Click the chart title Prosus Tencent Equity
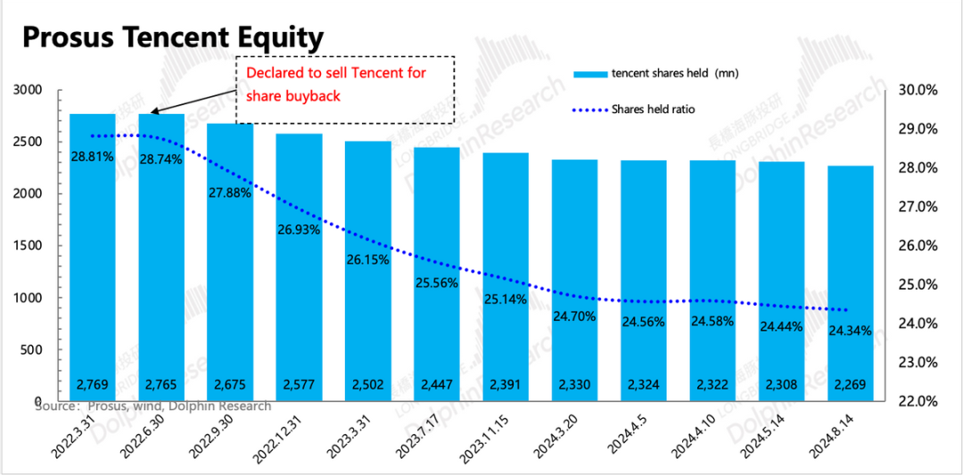pos(172,37)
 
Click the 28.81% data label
pos(92,157)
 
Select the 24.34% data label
pos(850,331)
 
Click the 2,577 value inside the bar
pos(299,386)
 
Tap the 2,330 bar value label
pos(574,386)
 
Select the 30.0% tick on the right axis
pos(916,90)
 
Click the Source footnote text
pos(152,406)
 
